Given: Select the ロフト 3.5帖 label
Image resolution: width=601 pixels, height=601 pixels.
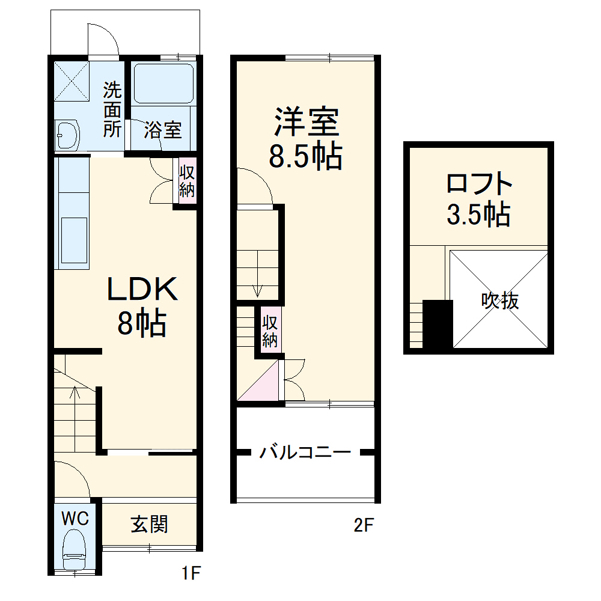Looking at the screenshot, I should pos(479,198).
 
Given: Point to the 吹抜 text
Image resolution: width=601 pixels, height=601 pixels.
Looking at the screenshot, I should pos(500,300).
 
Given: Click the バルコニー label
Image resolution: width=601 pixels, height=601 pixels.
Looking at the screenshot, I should pos(305,452).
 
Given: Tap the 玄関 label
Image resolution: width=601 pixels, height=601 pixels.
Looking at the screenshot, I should pos(150,525).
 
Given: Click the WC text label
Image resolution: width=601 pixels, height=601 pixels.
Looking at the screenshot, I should pos(75,517).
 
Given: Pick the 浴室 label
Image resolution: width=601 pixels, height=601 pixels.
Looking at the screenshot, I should pos(162,130).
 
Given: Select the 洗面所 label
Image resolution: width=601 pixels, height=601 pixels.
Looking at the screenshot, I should pos(112,110).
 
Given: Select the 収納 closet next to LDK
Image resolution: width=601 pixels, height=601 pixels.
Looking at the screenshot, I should pos(187,181).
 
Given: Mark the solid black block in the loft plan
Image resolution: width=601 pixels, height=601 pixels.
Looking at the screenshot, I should pos(437,325).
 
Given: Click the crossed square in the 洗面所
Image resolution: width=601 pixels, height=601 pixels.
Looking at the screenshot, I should pos(72,81).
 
